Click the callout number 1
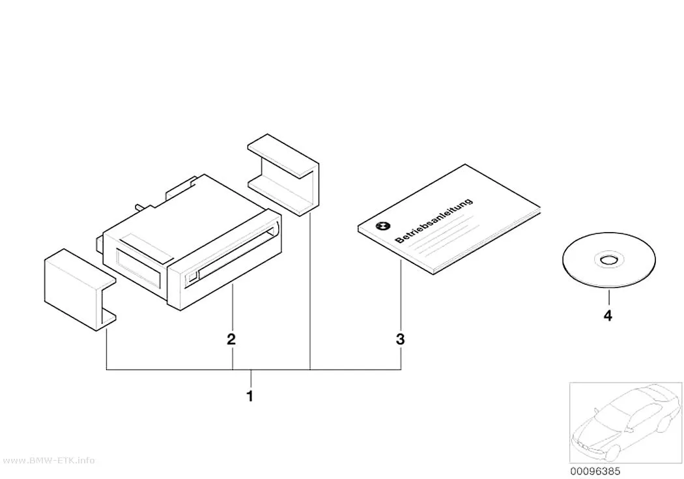250,396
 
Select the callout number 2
231,339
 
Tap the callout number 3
401,339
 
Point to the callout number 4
608,315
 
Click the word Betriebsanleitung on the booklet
434,220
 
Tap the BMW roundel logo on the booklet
382,226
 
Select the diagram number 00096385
595,471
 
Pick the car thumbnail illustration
625,423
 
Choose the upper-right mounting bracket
283,175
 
